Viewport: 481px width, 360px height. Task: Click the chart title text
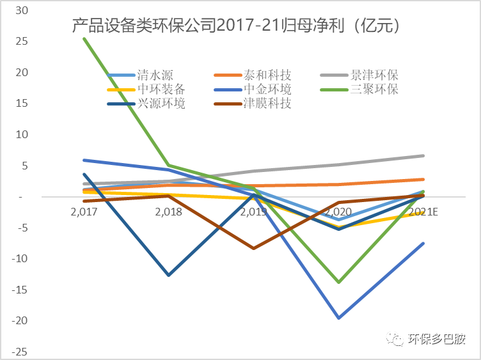[236, 26]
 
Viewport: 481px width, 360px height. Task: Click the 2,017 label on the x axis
[84, 212]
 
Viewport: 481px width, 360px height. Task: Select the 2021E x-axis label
[423, 212]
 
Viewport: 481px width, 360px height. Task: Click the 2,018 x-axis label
[169, 212]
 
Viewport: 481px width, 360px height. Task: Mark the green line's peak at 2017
[84, 38]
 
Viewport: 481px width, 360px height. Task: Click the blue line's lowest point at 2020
[338, 318]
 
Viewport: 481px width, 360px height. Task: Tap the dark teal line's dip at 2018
[169, 275]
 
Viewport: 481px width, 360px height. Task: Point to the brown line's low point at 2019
[254, 248]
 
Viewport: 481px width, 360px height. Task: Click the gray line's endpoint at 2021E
[423, 155]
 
